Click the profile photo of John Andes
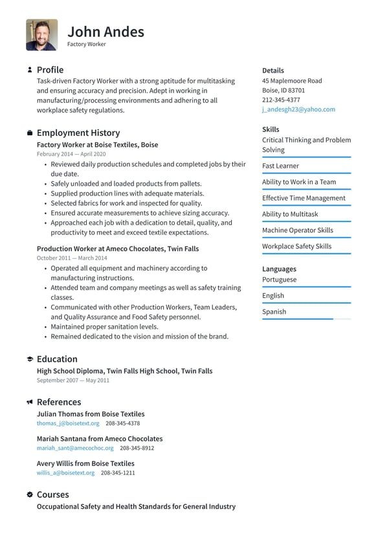(x=41, y=35)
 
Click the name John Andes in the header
(x=106, y=31)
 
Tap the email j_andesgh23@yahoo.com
(x=298, y=109)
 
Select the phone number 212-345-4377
(x=281, y=100)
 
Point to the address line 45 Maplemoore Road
(x=292, y=81)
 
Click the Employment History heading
(x=78, y=133)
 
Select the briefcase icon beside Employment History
(x=30, y=133)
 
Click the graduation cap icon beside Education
(x=30, y=359)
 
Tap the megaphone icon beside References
(x=30, y=402)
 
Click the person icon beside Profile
(x=30, y=69)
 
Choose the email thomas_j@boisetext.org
(x=68, y=423)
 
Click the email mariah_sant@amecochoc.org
(x=75, y=448)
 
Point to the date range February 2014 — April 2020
(x=71, y=154)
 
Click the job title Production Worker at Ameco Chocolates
(x=117, y=249)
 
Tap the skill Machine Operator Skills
(x=298, y=230)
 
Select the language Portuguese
(x=279, y=280)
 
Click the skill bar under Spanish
(x=306, y=319)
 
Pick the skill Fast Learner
(x=280, y=166)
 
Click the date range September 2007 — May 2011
(x=72, y=381)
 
